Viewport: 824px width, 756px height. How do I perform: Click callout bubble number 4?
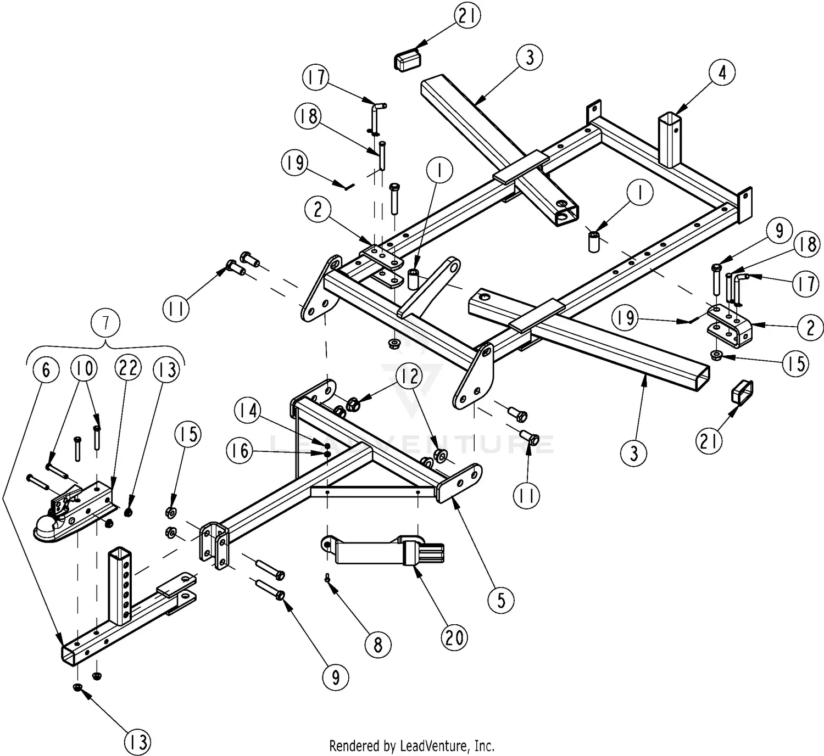tap(722, 72)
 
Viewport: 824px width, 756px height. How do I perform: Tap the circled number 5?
tap(502, 600)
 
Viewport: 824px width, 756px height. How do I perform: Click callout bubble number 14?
tap(249, 411)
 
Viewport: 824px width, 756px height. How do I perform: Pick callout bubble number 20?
tap(454, 637)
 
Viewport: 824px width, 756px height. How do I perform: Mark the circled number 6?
tap(46, 370)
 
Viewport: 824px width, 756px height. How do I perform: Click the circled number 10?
tap(85, 368)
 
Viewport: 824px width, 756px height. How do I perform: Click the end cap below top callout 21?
tap(406, 59)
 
